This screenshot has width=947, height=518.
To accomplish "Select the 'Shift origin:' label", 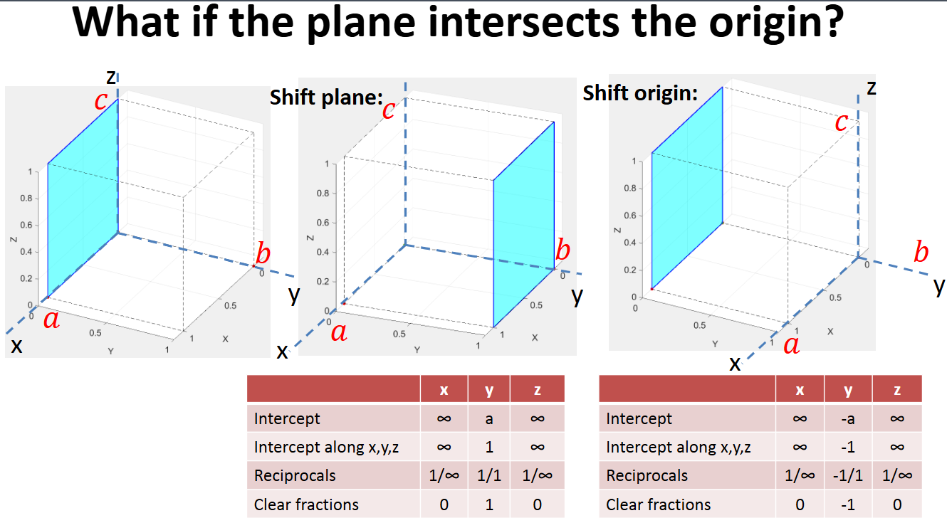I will point(640,93).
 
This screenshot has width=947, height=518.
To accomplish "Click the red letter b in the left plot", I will point(263,253).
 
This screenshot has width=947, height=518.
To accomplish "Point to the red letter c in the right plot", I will point(841,122).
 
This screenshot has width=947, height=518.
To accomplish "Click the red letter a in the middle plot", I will point(340,332).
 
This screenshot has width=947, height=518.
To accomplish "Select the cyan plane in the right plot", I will point(687,189).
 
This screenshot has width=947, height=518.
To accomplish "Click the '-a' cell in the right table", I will point(847,419).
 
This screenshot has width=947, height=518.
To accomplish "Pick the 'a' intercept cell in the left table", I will point(489,419).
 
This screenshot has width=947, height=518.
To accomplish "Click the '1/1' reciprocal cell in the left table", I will point(489,476).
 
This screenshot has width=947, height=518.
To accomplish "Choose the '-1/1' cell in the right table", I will point(847,476).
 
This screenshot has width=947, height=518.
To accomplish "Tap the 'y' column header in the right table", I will point(847,390).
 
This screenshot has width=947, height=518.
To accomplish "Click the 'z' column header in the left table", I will point(537,390).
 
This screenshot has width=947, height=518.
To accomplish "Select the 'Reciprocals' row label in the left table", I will point(295,476).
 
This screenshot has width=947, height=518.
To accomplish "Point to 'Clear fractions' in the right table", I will point(658,504).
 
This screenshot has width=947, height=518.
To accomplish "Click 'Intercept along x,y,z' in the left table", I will point(326,448).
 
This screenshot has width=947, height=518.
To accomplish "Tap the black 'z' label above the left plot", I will point(111,76).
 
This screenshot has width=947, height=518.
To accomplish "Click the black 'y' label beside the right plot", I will point(940,286).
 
